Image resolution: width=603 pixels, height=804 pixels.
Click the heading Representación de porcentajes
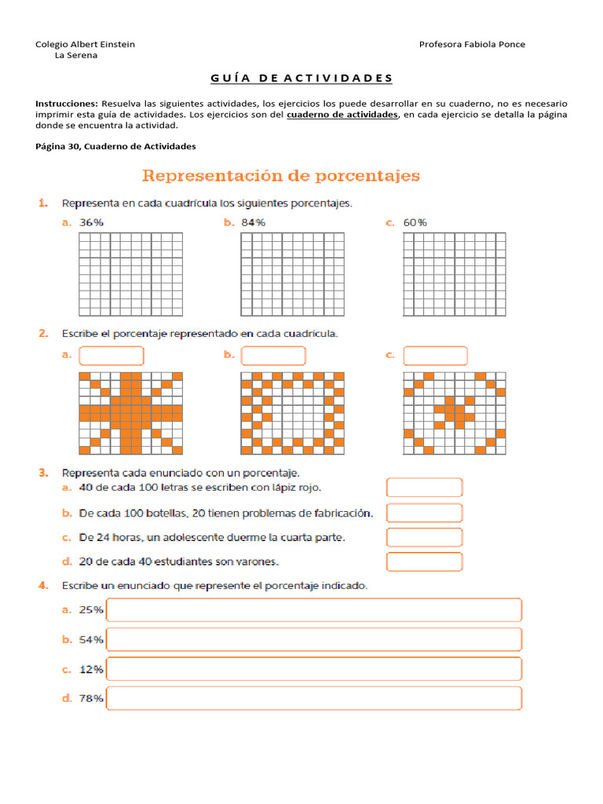tap(280, 175)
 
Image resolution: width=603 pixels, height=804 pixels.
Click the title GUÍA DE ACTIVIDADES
tap(301, 78)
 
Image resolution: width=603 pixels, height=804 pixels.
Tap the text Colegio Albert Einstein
tap(85, 44)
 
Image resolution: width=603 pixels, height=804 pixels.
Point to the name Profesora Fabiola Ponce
tap(472, 44)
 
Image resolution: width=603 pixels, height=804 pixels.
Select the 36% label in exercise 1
tap(92, 222)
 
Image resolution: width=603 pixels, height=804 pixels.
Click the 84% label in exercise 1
tap(254, 222)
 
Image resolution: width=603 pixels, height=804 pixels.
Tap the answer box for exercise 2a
tap(111, 356)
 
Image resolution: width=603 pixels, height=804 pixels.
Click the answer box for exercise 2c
tap(435, 356)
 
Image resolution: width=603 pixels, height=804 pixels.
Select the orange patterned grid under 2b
tap(292, 413)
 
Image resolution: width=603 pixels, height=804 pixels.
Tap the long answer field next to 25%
tap(314, 610)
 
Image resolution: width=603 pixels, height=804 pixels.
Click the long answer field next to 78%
tap(314, 698)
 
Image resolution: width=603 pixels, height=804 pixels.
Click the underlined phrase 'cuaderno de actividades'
tap(342, 115)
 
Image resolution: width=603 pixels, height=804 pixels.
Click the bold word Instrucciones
tap(67, 104)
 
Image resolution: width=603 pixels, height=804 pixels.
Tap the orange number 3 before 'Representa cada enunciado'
tap(43, 473)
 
